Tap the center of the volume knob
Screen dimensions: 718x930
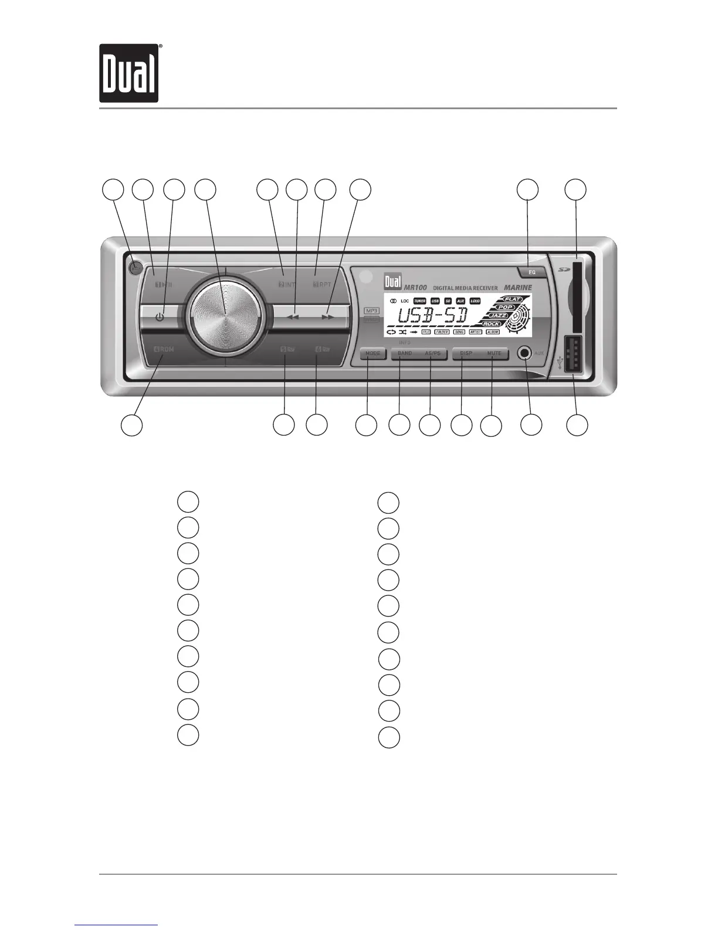pos(225,317)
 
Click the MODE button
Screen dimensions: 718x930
pos(372,354)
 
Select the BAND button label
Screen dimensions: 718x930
pos(405,354)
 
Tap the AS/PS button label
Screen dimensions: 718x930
pos(432,354)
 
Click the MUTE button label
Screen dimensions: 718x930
pos(494,354)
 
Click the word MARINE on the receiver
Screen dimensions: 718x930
pos(517,288)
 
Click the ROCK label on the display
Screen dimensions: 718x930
pos(491,324)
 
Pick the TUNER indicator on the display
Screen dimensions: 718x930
pos(419,301)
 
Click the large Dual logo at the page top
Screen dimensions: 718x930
pos(129,73)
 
